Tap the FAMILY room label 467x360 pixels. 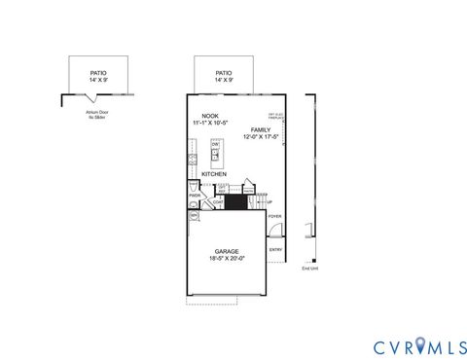click(261, 129)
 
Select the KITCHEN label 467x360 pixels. click(214, 174)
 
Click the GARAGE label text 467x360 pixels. click(227, 251)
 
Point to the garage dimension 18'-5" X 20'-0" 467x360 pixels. click(227, 259)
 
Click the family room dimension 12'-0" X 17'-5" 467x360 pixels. click(261, 137)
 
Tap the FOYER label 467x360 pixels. click(275, 217)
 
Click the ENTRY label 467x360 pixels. click(276, 248)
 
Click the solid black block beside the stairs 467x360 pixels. click(234, 201)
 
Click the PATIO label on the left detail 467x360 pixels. click(97, 71)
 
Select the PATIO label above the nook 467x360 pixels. click(224, 73)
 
